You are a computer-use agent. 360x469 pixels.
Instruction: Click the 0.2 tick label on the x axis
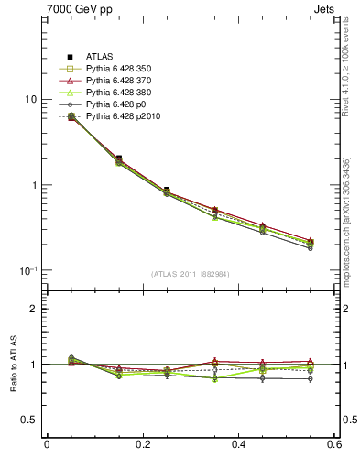pos(143,444)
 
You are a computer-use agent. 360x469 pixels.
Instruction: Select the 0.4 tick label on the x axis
pos(239,444)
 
